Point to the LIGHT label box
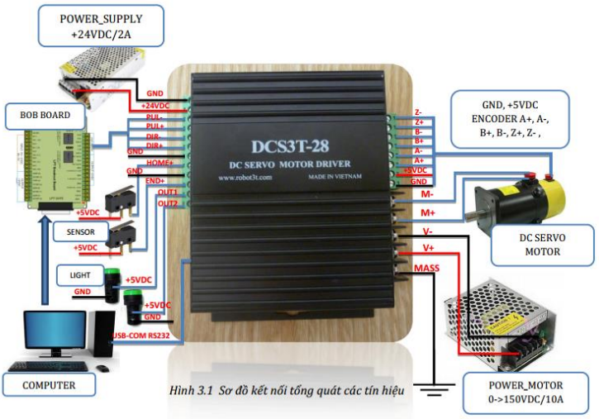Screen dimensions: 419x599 click(80, 273)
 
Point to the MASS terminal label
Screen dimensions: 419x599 click(426, 269)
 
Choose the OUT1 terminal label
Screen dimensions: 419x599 click(168, 193)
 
